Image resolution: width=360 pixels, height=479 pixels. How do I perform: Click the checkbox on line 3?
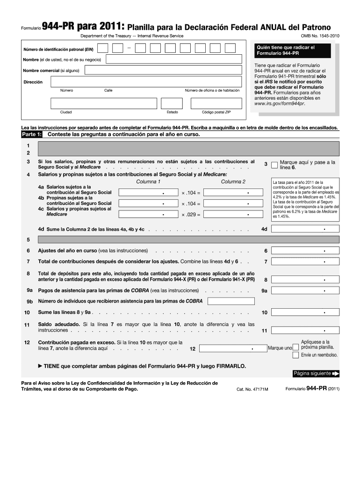274,165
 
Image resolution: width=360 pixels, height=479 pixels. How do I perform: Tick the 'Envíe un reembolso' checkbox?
295,355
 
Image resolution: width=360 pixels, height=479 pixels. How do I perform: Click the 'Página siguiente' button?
316,373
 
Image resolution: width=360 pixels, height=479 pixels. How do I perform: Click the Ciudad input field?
104,103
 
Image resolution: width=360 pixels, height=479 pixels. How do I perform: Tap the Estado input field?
172,103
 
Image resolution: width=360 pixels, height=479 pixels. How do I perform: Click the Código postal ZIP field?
216,103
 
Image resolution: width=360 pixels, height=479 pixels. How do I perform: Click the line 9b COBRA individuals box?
230,301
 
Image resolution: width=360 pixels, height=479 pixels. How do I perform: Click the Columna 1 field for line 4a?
148,192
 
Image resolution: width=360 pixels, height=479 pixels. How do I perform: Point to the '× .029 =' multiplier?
191,215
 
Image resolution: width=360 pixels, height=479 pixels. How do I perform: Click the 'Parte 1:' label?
32,134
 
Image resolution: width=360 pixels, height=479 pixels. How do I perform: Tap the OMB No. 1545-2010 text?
320,36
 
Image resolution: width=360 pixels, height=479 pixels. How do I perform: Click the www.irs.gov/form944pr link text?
279,103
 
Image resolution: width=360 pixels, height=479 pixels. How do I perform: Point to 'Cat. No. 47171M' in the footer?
252,388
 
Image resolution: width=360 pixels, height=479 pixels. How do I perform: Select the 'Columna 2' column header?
233,181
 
